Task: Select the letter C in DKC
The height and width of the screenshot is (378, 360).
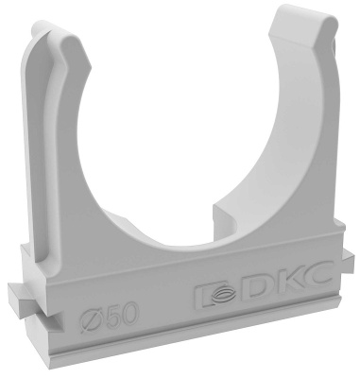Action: [316, 273]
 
